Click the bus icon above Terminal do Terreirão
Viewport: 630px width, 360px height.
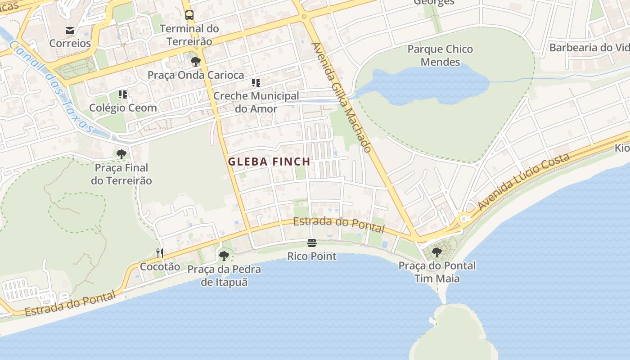click(189, 15)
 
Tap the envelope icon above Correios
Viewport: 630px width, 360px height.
click(70, 31)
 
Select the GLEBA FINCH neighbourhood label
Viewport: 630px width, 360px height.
click(269, 162)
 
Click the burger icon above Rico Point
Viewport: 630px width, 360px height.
click(312, 243)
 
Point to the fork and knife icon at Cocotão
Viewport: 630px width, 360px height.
click(160, 253)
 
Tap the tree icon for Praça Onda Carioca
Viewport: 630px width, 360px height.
click(195, 61)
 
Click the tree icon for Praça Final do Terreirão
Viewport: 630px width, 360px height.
click(121, 154)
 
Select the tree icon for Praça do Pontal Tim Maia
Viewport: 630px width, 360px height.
click(436, 252)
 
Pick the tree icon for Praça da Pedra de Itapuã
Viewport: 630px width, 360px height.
click(224, 256)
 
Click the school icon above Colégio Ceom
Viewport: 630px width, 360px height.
click(123, 94)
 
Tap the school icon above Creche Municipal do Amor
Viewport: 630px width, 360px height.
click(256, 83)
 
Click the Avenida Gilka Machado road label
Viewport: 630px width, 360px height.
click(342, 97)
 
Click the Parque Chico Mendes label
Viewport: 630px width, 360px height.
click(440, 55)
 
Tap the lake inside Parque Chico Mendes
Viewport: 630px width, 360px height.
click(432, 85)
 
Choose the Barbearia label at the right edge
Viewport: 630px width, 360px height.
click(589, 48)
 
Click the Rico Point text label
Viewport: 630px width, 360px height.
click(312, 256)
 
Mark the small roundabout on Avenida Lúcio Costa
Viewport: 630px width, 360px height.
click(464, 219)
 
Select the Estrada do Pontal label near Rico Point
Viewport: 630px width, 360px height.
click(339, 224)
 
